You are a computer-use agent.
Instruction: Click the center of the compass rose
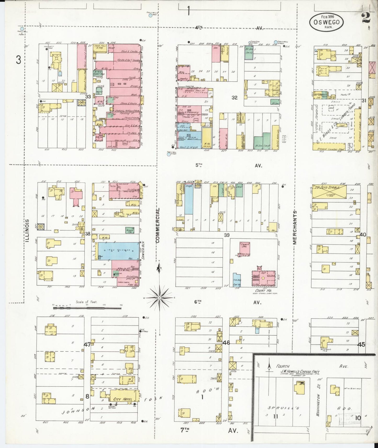point(160,298)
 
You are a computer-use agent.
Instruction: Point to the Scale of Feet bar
point(87,308)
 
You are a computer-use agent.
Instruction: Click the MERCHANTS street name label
point(295,227)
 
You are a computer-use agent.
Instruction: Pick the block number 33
point(88,96)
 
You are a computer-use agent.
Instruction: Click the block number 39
point(227,235)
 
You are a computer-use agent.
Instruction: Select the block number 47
point(87,344)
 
